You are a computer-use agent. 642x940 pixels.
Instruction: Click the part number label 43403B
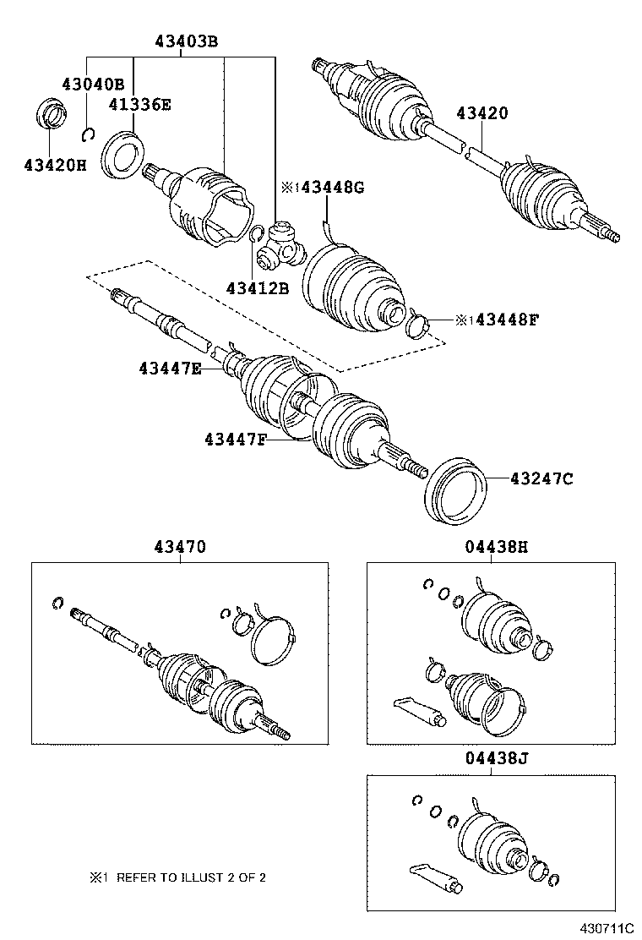coord(185,41)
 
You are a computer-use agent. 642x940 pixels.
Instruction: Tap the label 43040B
coord(92,84)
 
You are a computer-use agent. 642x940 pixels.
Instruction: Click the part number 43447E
coord(170,367)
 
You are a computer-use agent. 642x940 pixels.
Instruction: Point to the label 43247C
coord(541,479)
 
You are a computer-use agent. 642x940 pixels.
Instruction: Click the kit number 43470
coord(179,547)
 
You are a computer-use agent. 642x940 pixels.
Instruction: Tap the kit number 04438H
coord(496,547)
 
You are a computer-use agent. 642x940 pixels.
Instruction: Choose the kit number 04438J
coord(496,758)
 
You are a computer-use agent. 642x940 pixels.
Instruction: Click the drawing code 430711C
coord(606,928)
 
